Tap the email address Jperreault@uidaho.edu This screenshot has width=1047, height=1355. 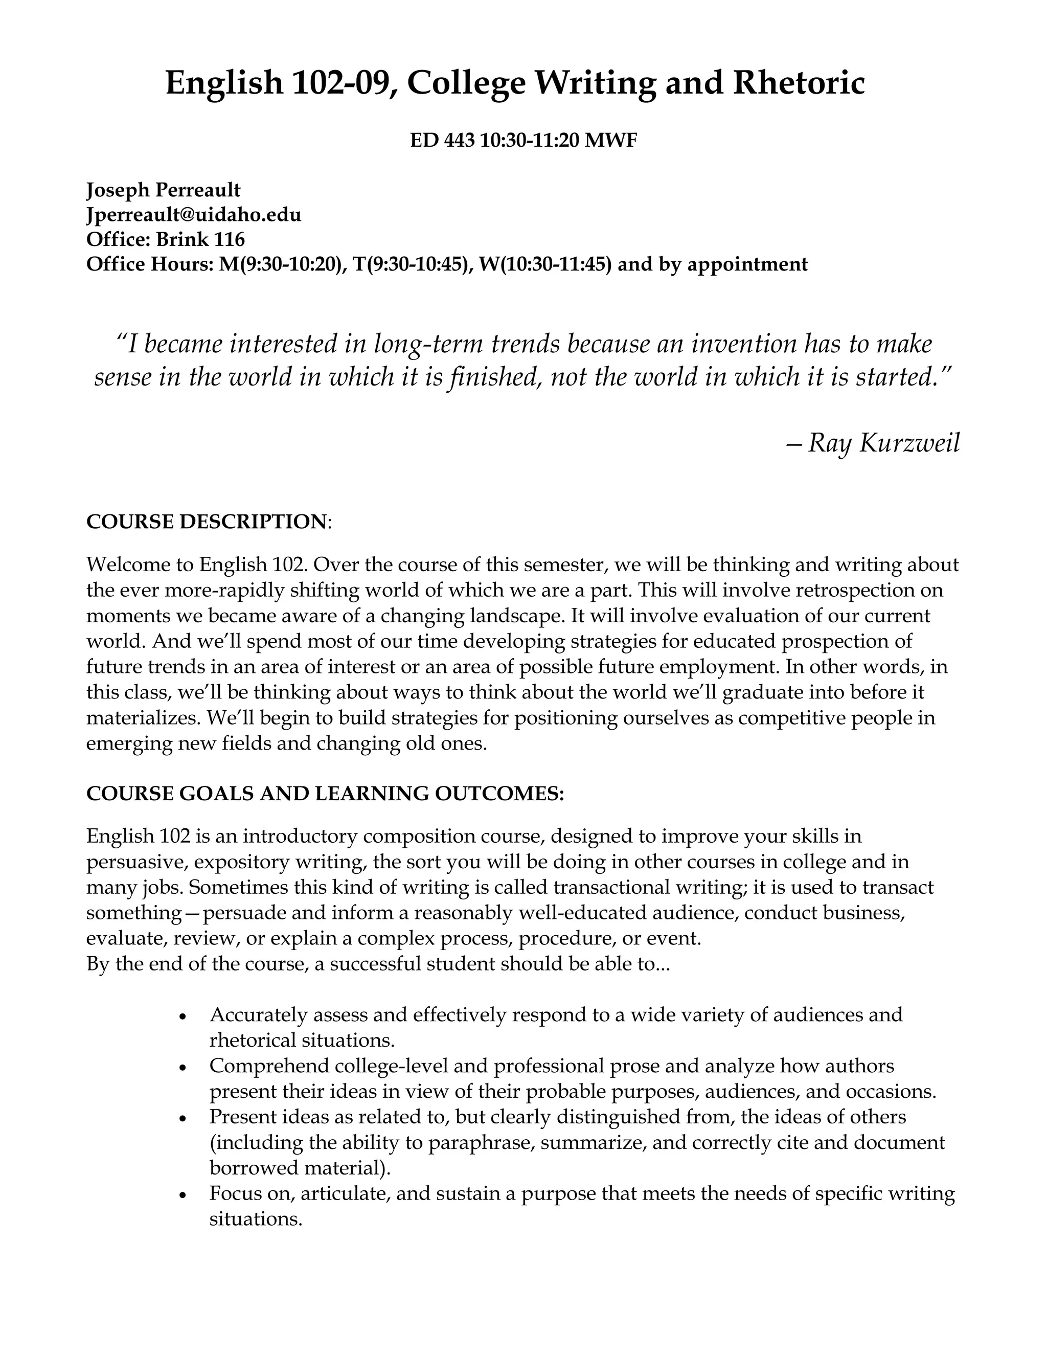pos(194,215)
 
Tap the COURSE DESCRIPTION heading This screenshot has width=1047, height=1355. pos(206,521)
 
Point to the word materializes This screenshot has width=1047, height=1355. pos(144,718)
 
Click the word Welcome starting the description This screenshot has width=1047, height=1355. pos(125,564)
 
